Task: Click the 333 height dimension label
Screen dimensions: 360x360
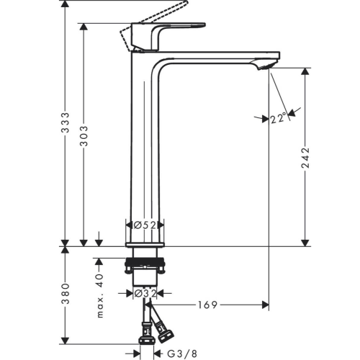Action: (x=65, y=122)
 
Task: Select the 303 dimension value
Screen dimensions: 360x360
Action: (x=84, y=135)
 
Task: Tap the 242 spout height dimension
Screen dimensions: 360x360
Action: (x=305, y=158)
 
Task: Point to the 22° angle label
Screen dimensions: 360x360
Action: (x=279, y=118)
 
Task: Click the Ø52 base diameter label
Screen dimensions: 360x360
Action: (x=145, y=225)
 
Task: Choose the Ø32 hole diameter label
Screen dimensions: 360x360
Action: (x=145, y=293)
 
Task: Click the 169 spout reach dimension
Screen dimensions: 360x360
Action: (x=207, y=305)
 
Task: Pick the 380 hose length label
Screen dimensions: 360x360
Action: (x=65, y=294)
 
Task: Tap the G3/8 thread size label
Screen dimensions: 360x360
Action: (x=182, y=354)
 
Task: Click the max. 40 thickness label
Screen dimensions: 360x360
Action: (x=100, y=296)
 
